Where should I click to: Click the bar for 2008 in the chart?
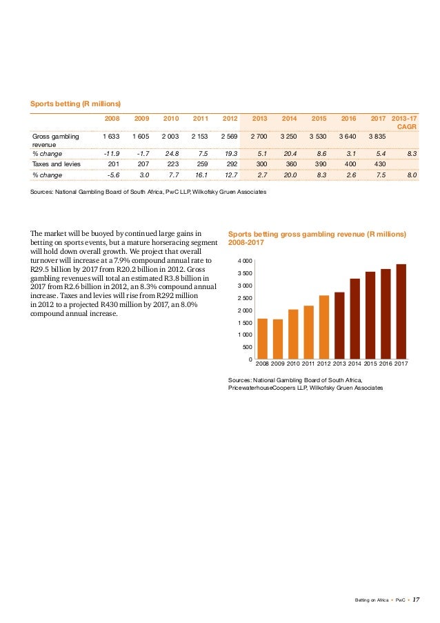click(x=262, y=338)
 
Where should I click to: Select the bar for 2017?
click(x=401, y=311)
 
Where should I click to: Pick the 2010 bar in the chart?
click(x=293, y=334)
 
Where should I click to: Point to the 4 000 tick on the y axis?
click(x=246, y=261)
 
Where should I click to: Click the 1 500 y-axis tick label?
click(x=246, y=323)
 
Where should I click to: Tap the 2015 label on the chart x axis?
click(x=370, y=364)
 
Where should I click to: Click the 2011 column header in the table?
click(x=200, y=118)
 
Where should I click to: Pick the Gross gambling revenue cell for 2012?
click(x=228, y=137)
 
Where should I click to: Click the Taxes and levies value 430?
click(x=379, y=165)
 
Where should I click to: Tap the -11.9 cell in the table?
click(x=110, y=153)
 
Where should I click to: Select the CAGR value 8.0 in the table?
click(x=412, y=177)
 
